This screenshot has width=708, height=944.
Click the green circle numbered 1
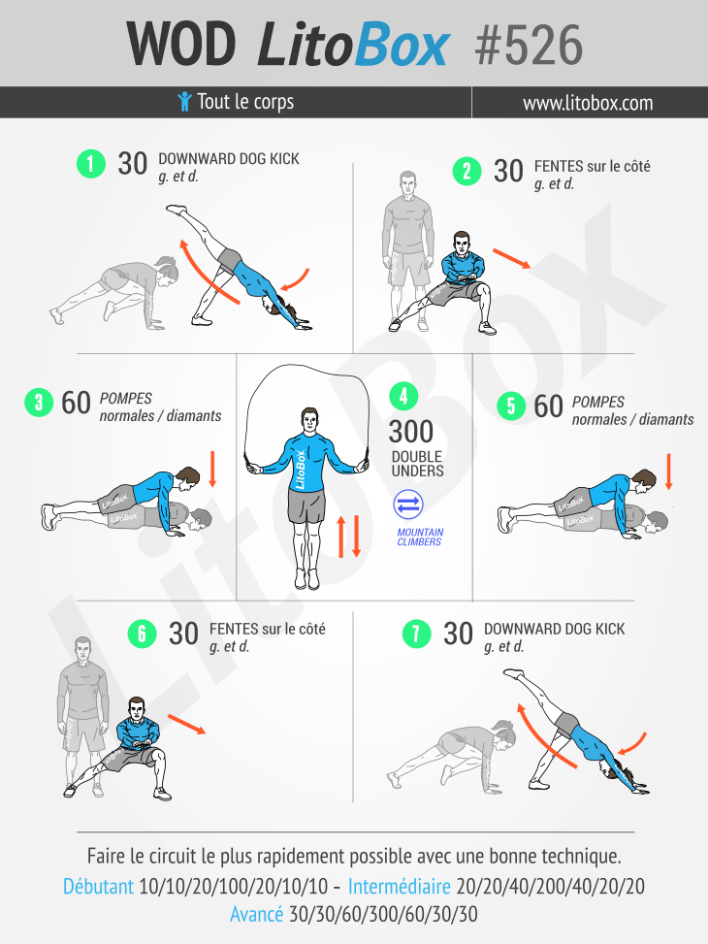91,164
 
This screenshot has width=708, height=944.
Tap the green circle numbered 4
403,396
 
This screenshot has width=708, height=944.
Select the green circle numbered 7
417,634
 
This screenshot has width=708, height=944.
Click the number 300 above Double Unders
411,432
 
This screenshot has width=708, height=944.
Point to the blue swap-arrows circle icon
408,505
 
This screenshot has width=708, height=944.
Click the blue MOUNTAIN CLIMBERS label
420,537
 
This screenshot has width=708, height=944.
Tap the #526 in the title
529,46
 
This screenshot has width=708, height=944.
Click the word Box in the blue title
402,44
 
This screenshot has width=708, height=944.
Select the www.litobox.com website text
588,103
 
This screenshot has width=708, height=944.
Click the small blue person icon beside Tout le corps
185,102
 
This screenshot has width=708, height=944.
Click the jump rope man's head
308,420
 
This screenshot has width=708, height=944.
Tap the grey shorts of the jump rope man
307,505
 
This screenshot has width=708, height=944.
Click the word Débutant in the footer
99,886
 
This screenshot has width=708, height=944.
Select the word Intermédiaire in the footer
400,886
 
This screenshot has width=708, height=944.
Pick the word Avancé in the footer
256,914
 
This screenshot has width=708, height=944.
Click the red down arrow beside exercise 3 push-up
212,469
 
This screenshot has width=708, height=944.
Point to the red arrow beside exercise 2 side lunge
512,258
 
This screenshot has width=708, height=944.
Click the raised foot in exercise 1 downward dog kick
177,210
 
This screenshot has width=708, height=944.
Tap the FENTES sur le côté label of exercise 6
268,629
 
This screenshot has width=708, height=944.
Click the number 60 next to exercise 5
549,407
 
